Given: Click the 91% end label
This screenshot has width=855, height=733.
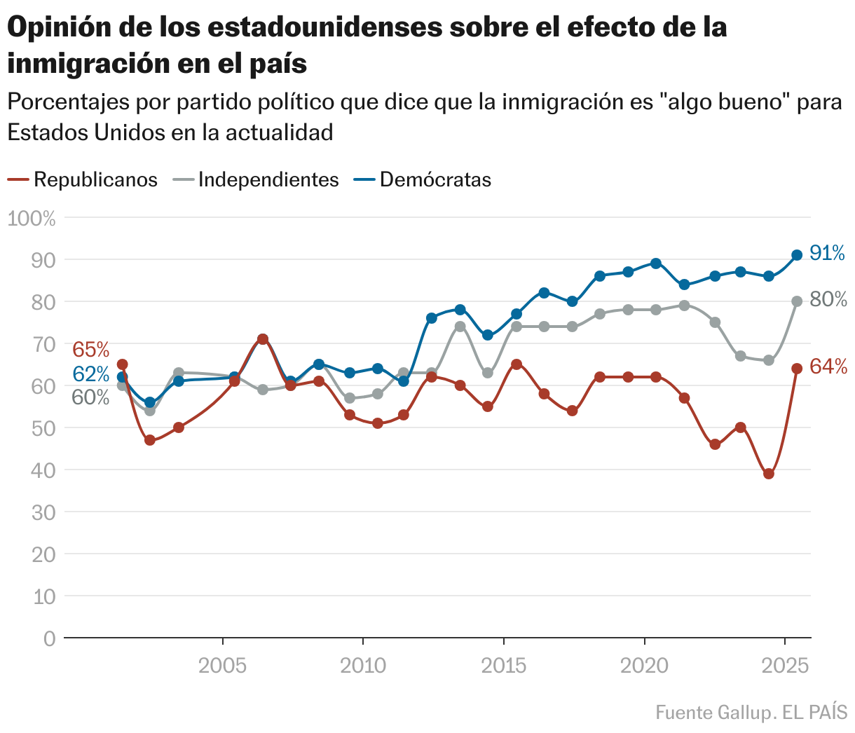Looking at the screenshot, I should (x=828, y=253).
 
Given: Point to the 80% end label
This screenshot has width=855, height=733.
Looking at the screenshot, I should (x=828, y=300).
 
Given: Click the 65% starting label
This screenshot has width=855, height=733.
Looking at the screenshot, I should (x=91, y=349).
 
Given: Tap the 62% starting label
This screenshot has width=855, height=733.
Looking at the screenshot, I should (x=91, y=374).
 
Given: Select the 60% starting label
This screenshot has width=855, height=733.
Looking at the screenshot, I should (x=91, y=397).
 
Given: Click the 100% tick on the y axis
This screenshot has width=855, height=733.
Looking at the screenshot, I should (x=31, y=218).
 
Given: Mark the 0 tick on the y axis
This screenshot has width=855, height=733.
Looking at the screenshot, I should (x=49, y=638).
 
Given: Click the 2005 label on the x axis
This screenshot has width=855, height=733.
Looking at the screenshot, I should (x=223, y=665).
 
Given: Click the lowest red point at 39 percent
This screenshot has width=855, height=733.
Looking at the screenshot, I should (x=769, y=474).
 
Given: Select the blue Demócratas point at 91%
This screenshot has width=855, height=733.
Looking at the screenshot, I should (x=797, y=255).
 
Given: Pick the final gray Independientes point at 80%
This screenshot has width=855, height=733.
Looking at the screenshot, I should (x=797, y=301).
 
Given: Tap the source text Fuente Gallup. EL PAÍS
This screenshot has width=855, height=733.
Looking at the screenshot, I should (x=751, y=713).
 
